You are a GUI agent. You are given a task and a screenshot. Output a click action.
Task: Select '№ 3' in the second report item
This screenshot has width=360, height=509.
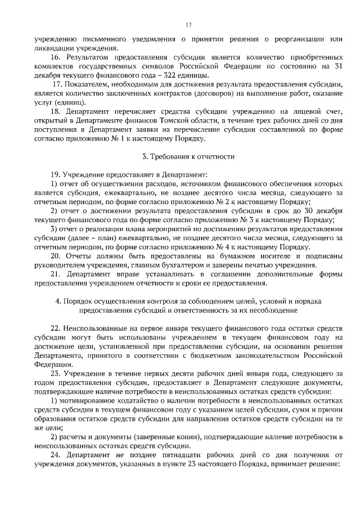[269, 219]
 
